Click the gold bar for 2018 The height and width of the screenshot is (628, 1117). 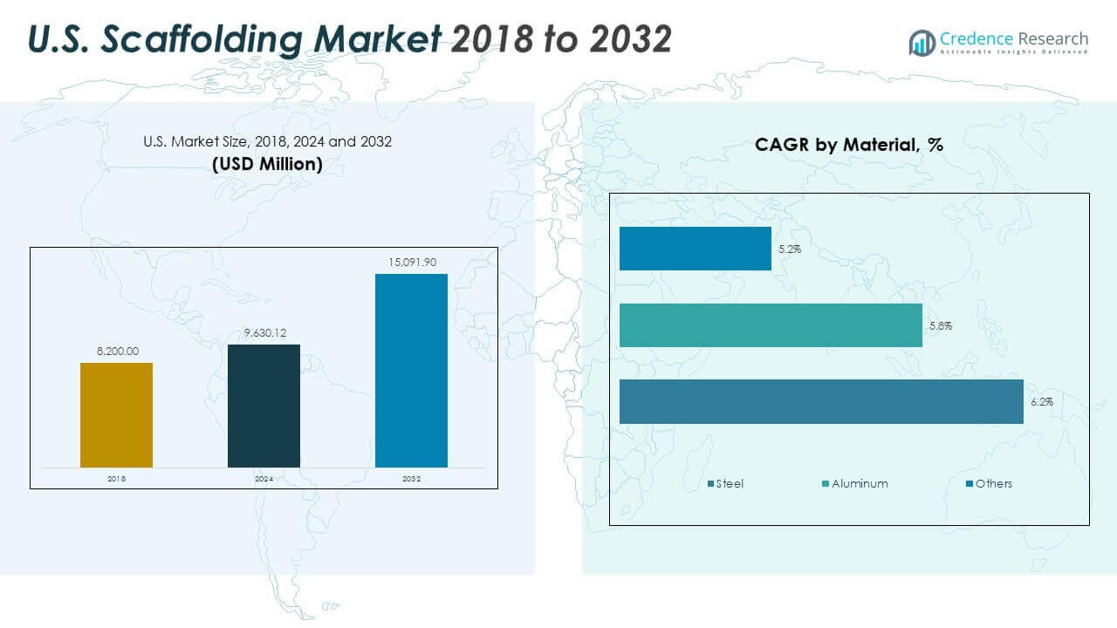[116, 415]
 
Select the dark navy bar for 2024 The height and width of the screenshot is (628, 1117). [264, 406]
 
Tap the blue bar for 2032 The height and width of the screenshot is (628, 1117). [411, 371]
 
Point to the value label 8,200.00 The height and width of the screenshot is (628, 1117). [116, 352]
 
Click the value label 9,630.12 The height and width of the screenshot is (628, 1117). [264, 333]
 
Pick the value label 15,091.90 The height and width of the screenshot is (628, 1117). [411, 263]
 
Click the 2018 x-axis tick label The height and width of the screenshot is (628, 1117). [116, 479]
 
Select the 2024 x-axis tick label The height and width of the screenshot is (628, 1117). [264, 479]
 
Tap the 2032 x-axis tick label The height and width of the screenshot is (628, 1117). [411, 479]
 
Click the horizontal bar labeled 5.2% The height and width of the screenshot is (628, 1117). [695, 249]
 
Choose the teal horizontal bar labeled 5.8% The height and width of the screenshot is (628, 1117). [771, 325]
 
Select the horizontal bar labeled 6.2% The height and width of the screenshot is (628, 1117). [820, 401]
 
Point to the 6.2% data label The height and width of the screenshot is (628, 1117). [1041, 402]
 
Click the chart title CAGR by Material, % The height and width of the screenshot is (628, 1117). [848, 146]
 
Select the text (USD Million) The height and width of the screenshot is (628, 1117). [267, 164]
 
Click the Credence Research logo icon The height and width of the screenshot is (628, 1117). [922, 42]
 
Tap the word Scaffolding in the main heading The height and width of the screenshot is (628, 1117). [265, 39]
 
